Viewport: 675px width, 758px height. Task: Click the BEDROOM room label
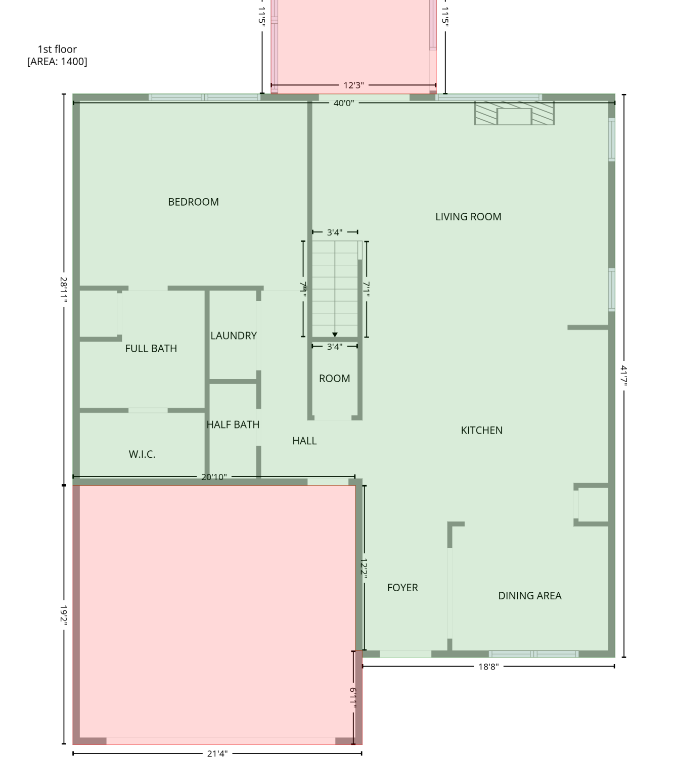(x=193, y=202)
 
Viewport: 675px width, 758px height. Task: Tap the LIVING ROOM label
(x=468, y=217)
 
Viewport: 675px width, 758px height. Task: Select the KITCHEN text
(x=481, y=430)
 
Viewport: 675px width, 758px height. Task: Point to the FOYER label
(x=402, y=587)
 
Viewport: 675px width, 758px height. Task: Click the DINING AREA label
(x=529, y=596)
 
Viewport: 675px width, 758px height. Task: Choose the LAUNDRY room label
(x=234, y=336)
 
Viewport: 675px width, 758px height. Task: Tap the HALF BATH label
(x=233, y=424)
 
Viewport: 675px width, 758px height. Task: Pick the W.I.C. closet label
(x=142, y=454)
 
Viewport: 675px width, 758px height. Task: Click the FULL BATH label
(x=151, y=348)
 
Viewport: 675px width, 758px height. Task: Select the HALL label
(x=304, y=441)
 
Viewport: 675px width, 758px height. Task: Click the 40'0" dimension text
(x=344, y=103)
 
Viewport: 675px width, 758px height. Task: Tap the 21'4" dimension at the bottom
(x=217, y=753)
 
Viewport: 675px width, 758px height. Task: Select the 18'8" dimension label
(x=488, y=667)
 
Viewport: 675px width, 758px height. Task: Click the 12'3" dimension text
(x=354, y=85)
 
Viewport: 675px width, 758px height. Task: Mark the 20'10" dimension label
(x=214, y=477)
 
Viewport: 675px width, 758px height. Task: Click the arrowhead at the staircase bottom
(x=335, y=335)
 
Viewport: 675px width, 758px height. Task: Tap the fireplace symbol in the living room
(x=514, y=113)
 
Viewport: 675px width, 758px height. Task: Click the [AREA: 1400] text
(x=57, y=61)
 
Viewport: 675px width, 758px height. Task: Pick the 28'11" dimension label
(x=64, y=290)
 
